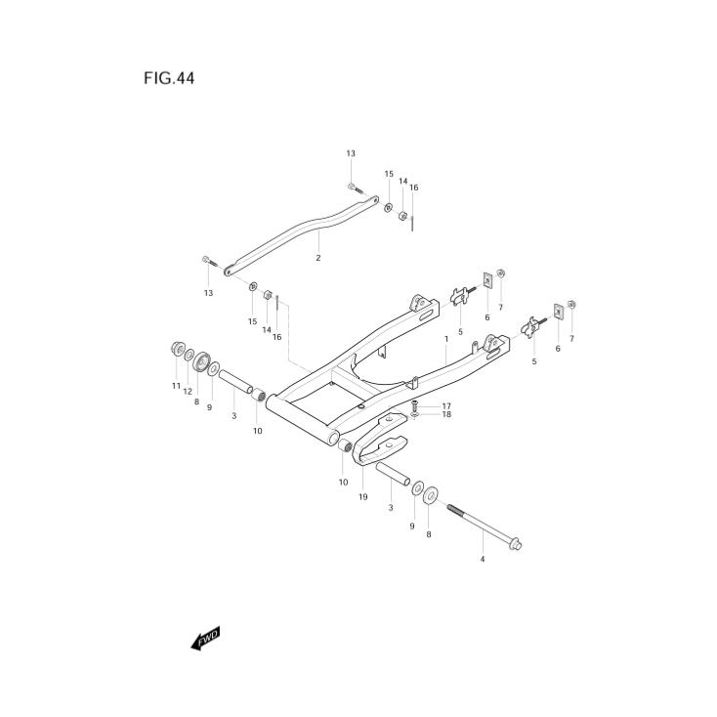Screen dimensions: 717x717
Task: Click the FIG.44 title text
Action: click(169, 79)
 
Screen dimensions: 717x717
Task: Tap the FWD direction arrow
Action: click(205, 639)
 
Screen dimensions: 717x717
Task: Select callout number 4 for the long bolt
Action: click(482, 560)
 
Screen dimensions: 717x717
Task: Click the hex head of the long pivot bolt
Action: click(516, 544)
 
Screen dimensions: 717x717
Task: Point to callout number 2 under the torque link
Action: click(317, 258)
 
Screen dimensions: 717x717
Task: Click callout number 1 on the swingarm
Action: click(445, 339)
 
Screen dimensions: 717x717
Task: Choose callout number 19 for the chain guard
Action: click(362, 497)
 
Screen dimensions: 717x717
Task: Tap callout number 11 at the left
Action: click(177, 386)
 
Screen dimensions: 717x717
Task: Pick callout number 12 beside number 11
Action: click(188, 392)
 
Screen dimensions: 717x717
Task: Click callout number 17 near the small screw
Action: click(445, 405)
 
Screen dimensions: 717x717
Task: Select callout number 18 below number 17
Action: click(445, 415)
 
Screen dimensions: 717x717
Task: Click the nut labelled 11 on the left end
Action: click(179, 350)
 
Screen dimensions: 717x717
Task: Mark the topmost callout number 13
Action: click(351, 153)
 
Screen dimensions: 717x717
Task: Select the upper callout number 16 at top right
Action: click(414, 187)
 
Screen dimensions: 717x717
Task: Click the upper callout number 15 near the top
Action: click(388, 174)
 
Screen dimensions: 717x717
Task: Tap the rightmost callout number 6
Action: click(558, 348)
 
